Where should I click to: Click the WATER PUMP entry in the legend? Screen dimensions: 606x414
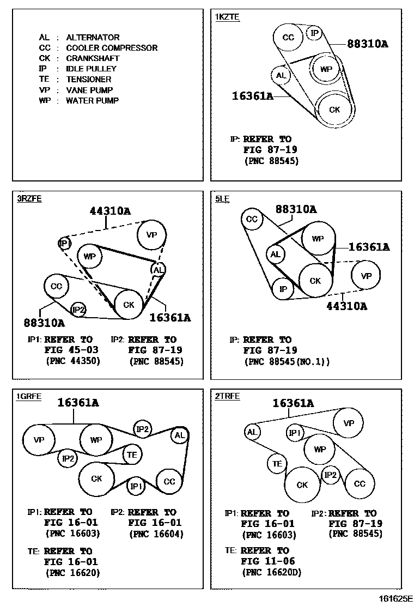(79, 101)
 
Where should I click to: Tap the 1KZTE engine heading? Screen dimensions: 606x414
(227, 17)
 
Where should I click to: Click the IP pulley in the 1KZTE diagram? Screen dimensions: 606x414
(314, 33)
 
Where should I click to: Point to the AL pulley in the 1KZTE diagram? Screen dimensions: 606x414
(281, 75)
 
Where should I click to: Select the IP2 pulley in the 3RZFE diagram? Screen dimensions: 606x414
(79, 310)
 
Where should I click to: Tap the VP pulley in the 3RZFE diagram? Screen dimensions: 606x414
(151, 235)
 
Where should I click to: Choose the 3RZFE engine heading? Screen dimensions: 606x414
(29, 199)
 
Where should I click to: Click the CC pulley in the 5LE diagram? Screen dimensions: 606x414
(252, 219)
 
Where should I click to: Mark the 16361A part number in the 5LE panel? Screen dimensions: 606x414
(369, 247)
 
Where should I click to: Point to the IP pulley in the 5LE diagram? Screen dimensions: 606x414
(283, 289)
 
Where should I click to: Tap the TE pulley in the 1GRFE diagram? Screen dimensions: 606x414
(132, 454)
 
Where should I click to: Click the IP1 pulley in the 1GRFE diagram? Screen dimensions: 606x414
(136, 486)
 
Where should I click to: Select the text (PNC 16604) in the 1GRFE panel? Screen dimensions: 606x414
(156, 534)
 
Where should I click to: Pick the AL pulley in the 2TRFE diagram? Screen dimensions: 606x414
(252, 432)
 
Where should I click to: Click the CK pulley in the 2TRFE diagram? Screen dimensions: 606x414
(302, 485)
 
